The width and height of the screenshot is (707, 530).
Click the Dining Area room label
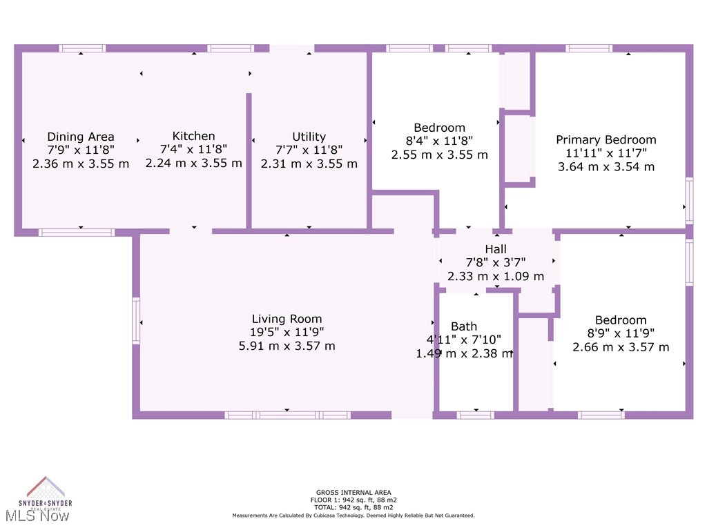coord(81,137)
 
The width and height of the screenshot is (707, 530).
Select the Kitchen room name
coord(193,136)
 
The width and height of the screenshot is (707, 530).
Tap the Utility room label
coord(309,137)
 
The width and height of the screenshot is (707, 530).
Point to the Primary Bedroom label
coord(606,139)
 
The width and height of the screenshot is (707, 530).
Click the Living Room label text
coord(287,319)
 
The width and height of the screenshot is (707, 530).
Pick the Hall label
coord(496,249)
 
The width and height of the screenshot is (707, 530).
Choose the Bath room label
coord(464,326)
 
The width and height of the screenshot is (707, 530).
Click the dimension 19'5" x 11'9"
coord(287,332)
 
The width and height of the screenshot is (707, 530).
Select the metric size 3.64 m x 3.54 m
coord(606,166)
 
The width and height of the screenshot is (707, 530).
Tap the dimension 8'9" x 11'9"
coord(621,333)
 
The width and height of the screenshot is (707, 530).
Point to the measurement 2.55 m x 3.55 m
coord(439,155)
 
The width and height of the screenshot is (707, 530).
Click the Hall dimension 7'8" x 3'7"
coord(496,262)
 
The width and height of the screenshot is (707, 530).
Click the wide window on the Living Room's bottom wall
coord(287,415)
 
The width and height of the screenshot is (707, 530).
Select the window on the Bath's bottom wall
coord(475,415)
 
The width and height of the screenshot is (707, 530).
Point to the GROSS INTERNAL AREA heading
coord(353,493)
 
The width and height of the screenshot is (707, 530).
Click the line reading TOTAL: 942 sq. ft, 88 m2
coord(353,507)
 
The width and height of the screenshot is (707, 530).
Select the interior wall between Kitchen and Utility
coord(249,160)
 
